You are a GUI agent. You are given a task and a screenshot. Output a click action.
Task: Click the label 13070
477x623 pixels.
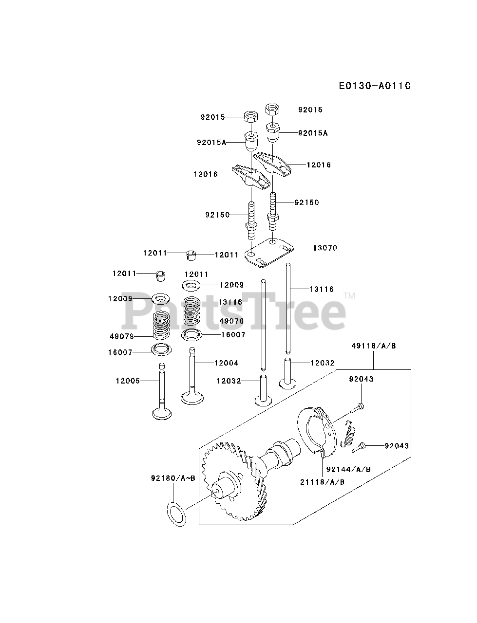pyautogui.click(x=325, y=248)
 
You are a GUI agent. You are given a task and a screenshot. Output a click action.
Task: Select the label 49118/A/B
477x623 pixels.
pyautogui.click(x=374, y=346)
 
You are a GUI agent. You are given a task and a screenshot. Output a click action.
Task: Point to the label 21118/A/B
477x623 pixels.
pyautogui.click(x=323, y=482)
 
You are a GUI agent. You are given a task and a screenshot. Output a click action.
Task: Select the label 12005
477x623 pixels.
pyautogui.click(x=128, y=381)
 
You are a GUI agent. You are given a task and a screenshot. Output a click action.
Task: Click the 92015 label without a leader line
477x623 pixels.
pyautogui.click(x=310, y=110)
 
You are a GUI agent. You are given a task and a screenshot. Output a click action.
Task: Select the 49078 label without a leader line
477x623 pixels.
pyautogui.click(x=231, y=321)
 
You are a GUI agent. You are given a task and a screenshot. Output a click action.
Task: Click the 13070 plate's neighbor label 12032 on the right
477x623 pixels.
pyautogui.click(x=323, y=363)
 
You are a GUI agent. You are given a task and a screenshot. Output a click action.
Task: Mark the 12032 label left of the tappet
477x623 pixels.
pyautogui.click(x=229, y=381)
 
